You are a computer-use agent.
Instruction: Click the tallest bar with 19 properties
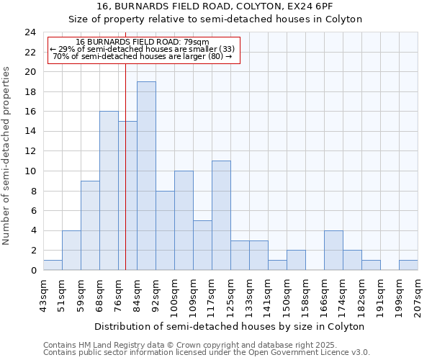click(x=146, y=176)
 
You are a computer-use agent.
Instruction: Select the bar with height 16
click(x=109, y=191)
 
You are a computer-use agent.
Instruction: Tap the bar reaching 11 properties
click(x=221, y=215)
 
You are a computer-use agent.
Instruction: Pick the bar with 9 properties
click(x=90, y=225)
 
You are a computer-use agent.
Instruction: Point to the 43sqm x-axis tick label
click(x=43, y=296)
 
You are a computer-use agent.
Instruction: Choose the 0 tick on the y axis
click(x=33, y=271)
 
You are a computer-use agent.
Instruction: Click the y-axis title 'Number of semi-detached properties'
click(x=8, y=156)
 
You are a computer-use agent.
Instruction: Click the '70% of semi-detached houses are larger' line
click(x=143, y=56)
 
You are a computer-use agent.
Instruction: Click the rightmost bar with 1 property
click(x=408, y=265)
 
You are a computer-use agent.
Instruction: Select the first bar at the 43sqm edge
click(x=53, y=265)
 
